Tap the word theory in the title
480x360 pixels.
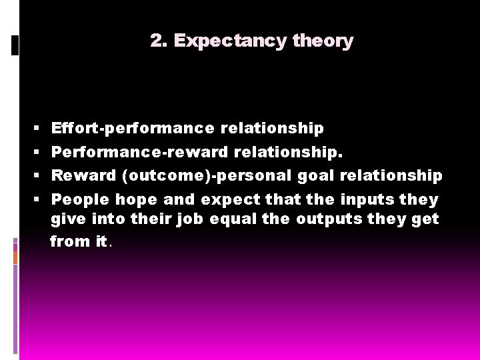point(323,41)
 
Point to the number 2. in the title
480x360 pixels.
point(159,41)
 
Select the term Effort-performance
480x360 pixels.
point(133,128)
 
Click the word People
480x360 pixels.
point(81,199)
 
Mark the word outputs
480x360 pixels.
point(346,219)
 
